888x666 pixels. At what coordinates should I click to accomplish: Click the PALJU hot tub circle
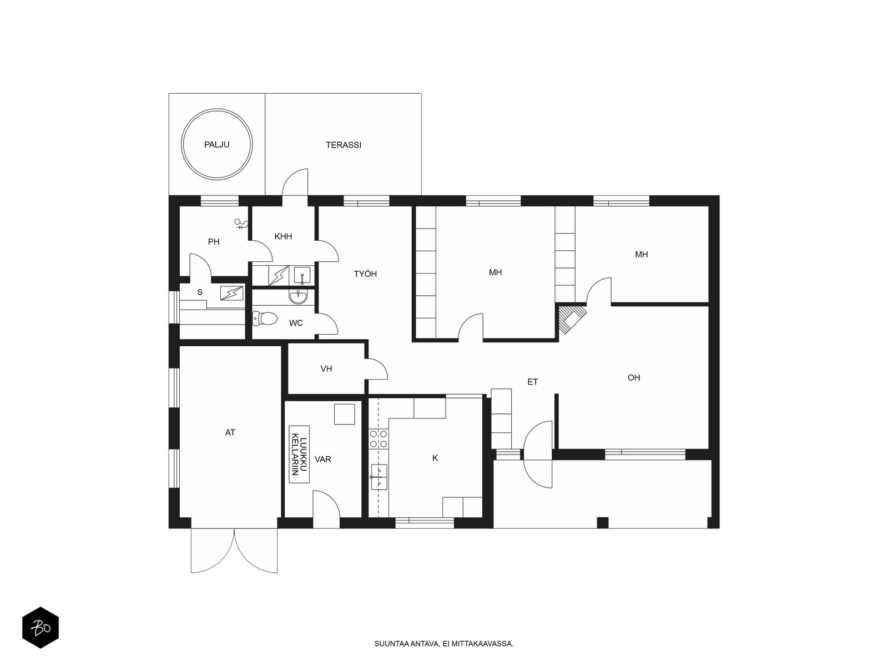(x=182, y=144)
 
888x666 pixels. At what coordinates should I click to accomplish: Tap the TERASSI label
(x=344, y=145)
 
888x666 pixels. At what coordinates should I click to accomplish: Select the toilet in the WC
(x=265, y=318)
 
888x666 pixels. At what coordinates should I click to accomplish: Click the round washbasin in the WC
(x=298, y=297)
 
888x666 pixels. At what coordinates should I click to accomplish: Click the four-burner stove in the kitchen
(x=379, y=439)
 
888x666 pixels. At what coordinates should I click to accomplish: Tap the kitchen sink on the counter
(x=379, y=477)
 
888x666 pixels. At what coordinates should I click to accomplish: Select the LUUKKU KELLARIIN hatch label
(x=299, y=454)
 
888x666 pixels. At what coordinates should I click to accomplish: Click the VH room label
(x=326, y=369)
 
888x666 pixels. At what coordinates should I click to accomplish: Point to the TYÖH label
(x=365, y=274)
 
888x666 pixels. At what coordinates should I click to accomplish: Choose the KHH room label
(x=283, y=236)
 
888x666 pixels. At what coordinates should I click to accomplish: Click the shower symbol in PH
(x=241, y=224)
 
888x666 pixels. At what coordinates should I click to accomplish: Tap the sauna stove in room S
(x=232, y=293)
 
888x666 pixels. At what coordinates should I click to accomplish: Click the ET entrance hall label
(x=532, y=382)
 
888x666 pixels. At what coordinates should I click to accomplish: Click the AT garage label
(x=230, y=432)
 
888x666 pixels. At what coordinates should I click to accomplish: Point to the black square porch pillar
(x=603, y=522)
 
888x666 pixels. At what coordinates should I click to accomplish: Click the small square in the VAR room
(x=344, y=414)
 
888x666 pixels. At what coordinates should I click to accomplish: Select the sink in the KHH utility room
(x=302, y=275)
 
